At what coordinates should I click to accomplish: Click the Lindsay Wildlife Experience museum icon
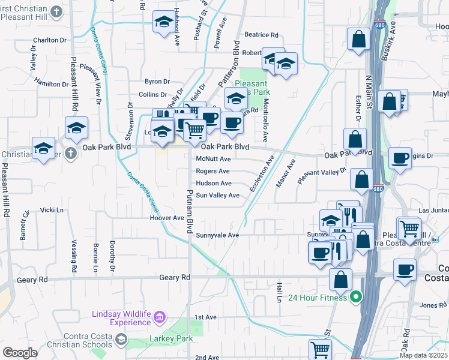[x=159, y=316]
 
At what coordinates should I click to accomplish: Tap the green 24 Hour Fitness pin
[x=355, y=297]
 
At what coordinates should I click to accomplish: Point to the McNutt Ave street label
[x=213, y=159]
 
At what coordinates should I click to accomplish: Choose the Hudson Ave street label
[x=213, y=183]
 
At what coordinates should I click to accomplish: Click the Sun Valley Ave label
[x=217, y=195]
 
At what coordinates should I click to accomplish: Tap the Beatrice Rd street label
[x=261, y=35]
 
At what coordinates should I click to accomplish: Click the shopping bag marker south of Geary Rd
[x=341, y=279]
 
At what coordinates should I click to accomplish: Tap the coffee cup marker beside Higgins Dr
[x=400, y=158]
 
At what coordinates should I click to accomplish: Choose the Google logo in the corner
[x=20, y=353]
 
